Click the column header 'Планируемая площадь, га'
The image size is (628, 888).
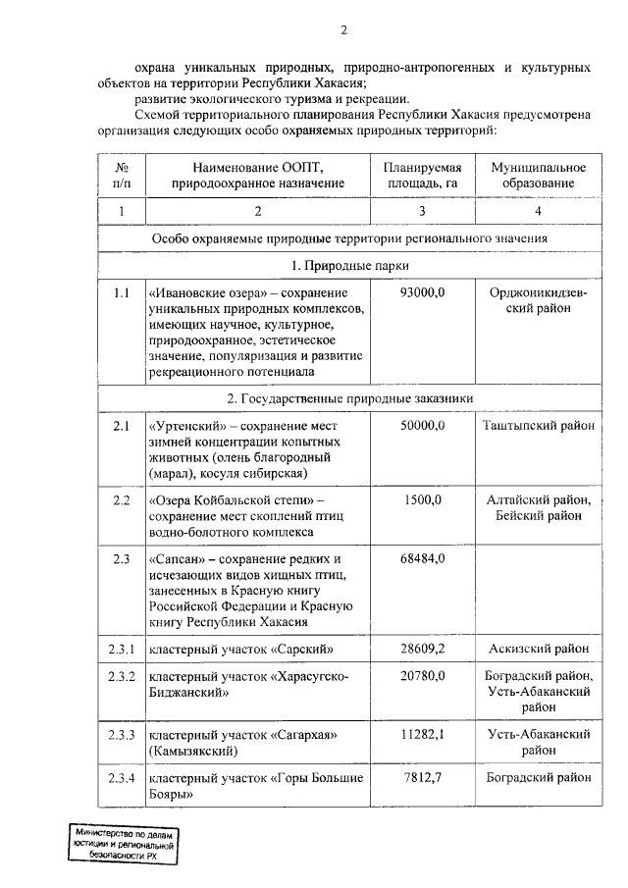coord(422,176)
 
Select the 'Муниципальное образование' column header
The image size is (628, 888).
coord(538,176)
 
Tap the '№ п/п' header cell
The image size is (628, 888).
coord(122,176)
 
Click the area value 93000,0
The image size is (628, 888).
coord(423,293)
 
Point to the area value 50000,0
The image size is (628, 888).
coord(423,425)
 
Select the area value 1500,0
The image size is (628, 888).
coord(423,500)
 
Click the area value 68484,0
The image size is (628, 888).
coord(423,558)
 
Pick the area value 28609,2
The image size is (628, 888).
coord(423,649)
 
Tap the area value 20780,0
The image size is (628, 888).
coord(423,676)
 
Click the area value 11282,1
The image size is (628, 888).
coord(423,734)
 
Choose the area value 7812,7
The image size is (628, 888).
coord(423,778)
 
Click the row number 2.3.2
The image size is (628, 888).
coord(122,676)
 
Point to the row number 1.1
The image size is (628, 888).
coord(122,293)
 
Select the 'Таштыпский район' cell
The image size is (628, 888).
coord(538,425)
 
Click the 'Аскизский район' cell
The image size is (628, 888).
coord(538,649)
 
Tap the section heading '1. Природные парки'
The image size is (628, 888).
coord(348,266)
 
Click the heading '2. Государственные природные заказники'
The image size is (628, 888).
coord(348,398)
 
